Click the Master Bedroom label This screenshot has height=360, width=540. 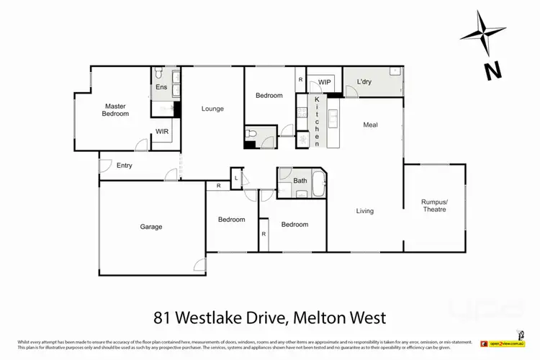(x=115, y=109)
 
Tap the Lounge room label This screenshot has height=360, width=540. (x=212, y=109)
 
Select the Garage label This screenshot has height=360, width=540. (x=151, y=227)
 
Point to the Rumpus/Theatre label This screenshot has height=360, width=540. (x=434, y=205)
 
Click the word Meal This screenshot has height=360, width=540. (x=371, y=125)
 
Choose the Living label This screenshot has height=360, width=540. (x=365, y=211)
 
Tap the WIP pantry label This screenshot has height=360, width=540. (x=325, y=81)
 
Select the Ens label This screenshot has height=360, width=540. (x=161, y=88)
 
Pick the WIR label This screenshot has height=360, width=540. (x=162, y=131)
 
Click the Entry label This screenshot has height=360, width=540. (x=124, y=166)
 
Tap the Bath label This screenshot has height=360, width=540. (x=300, y=181)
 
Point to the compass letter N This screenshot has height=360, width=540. (x=492, y=71)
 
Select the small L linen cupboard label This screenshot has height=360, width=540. (x=235, y=177)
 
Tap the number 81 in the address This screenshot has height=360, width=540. (x=163, y=317)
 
